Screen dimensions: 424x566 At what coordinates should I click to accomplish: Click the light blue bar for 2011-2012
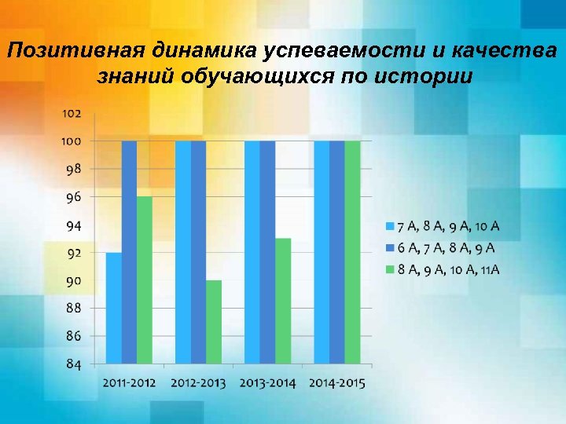pyautogui.click(x=114, y=308)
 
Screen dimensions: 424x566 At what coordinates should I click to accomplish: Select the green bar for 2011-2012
pyautogui.click(x=144, y=280)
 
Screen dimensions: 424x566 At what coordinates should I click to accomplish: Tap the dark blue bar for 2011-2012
pyautogui.click(x=129, y=252)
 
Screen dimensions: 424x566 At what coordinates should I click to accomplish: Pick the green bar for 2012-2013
pyautogui.click(x=214, y=322)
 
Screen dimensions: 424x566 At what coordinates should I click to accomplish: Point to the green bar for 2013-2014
pyautogui.click(x=283, y=301)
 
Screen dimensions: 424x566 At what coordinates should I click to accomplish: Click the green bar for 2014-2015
pyautogui.click(x=352, y=252)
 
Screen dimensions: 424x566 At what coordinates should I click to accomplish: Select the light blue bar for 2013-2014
pyautogui.click(x=252, y=252)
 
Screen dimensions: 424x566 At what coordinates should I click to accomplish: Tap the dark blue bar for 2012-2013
pyautogui.click(x=198, y=252)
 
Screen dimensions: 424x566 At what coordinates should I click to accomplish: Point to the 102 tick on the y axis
pyautogui.click(x=72, y=113)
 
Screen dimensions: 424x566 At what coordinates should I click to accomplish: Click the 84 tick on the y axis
pyautogui.click(x=73, y=364)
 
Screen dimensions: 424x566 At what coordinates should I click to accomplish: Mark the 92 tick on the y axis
pyautogui.click(x=73, y=253)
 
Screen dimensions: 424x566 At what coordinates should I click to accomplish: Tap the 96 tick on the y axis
pyautogui.click(x=73, y=197)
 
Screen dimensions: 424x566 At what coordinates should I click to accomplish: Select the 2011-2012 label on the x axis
pyautogui.click(x=129, y=383)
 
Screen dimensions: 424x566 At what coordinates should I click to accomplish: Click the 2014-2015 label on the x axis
pyautogui.click(x=337, y=383)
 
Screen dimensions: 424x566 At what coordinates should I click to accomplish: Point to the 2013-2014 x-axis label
pyautogui.click(x=268, y=383)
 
